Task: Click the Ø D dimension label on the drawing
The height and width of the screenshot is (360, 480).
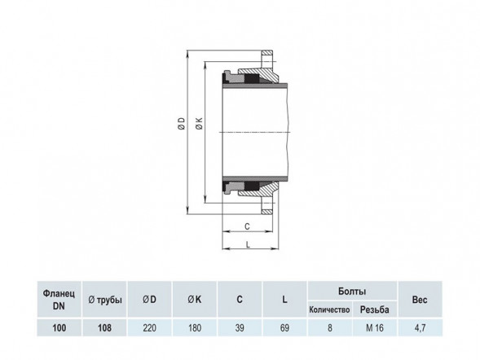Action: (182, 123)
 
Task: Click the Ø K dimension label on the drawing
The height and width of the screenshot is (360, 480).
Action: (200, 123)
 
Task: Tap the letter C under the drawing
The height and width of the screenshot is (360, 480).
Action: (248, 226)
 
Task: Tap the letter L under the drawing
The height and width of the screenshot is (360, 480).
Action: (248, 244)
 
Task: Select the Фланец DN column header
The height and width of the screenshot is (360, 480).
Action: (59, 300)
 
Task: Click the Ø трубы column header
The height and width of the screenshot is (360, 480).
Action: (104, 300)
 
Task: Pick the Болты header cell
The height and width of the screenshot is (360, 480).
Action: (352, 292)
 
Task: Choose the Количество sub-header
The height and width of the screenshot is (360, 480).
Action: (329, 310)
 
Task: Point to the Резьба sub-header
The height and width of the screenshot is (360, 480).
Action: (375, 310)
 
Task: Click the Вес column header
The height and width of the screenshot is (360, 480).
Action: (420, 300)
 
